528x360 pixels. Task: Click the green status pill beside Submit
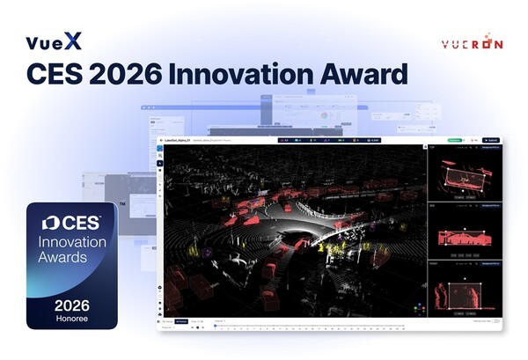click(x=454, y=140)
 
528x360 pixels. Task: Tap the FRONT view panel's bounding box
click(x=464, y=297)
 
